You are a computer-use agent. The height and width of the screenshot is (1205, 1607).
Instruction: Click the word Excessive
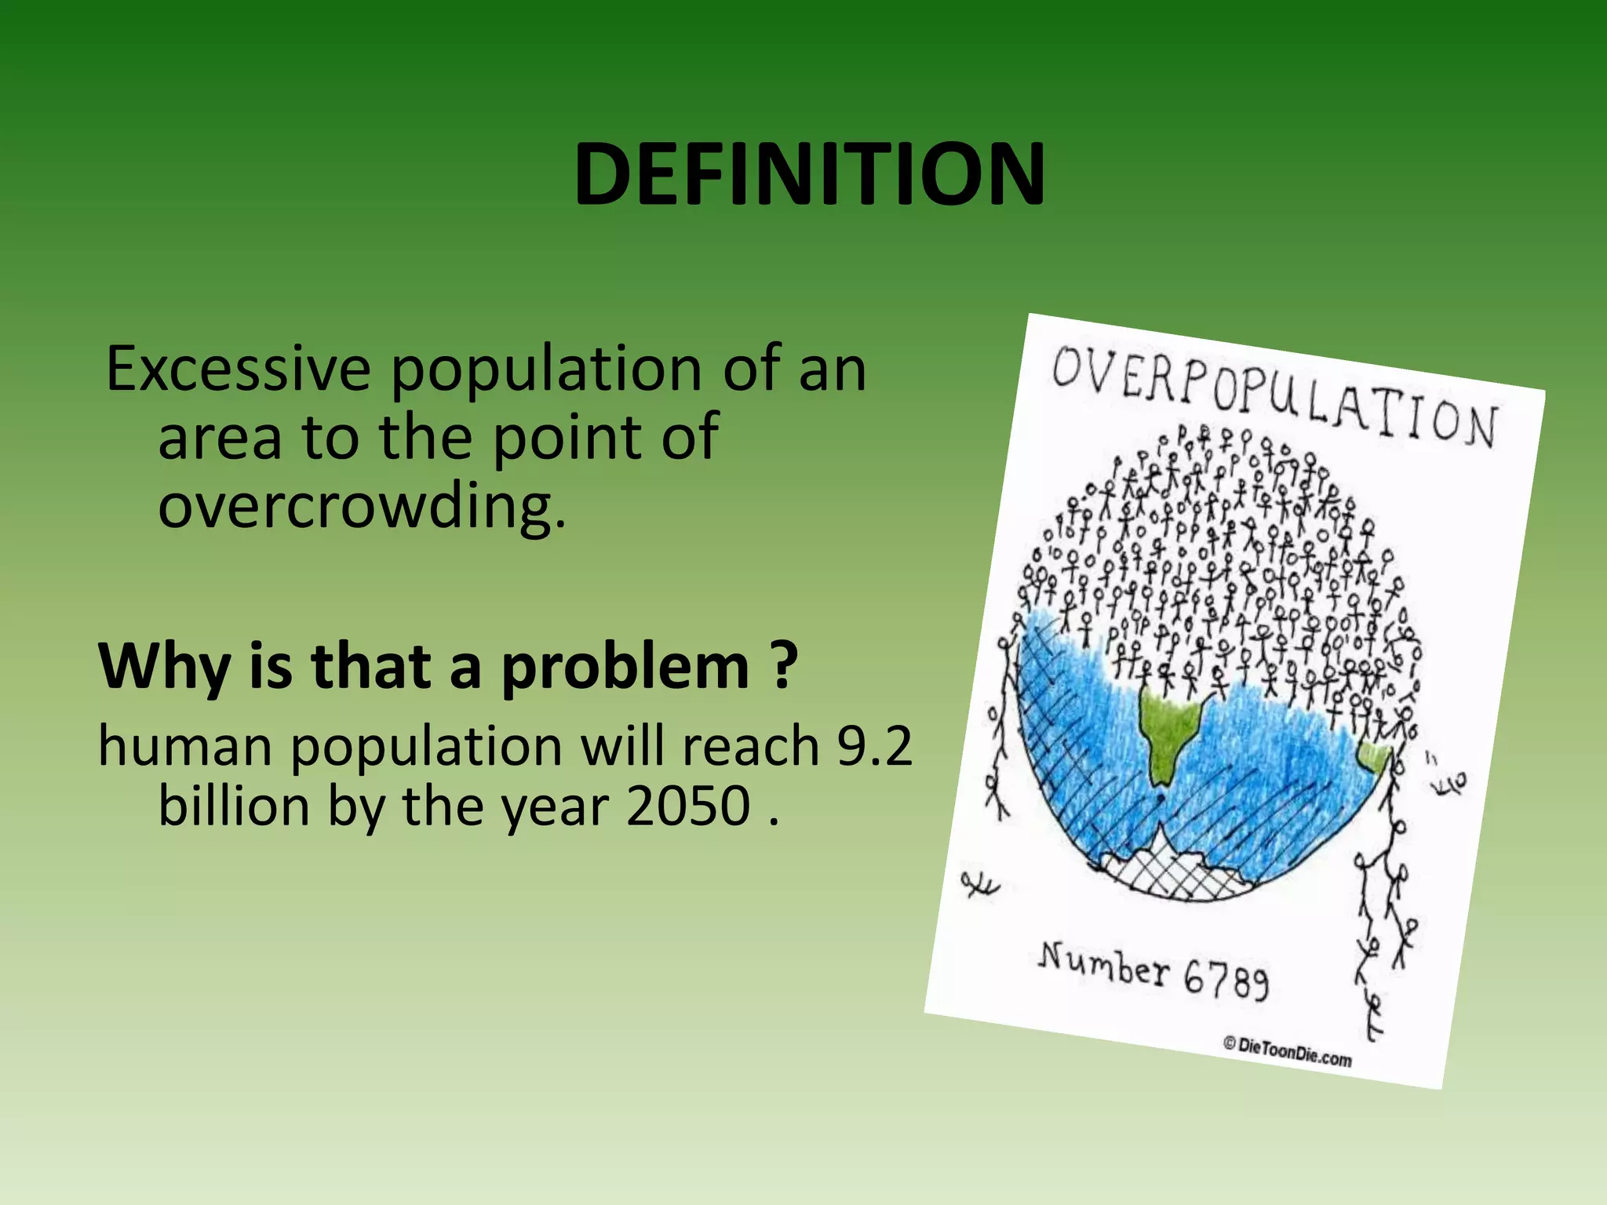(238, 369)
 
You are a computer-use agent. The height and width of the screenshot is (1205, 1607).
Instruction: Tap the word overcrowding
(361, 506)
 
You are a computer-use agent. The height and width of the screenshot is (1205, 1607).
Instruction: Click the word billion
(234, 806)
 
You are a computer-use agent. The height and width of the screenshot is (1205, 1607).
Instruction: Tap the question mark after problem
(782, 665)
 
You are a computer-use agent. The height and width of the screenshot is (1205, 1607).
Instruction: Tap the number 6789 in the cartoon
(1226, 979)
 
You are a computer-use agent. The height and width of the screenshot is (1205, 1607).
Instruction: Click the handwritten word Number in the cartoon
(1104, 963)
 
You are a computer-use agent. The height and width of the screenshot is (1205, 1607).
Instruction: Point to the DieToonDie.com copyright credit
(1287, 1051)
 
